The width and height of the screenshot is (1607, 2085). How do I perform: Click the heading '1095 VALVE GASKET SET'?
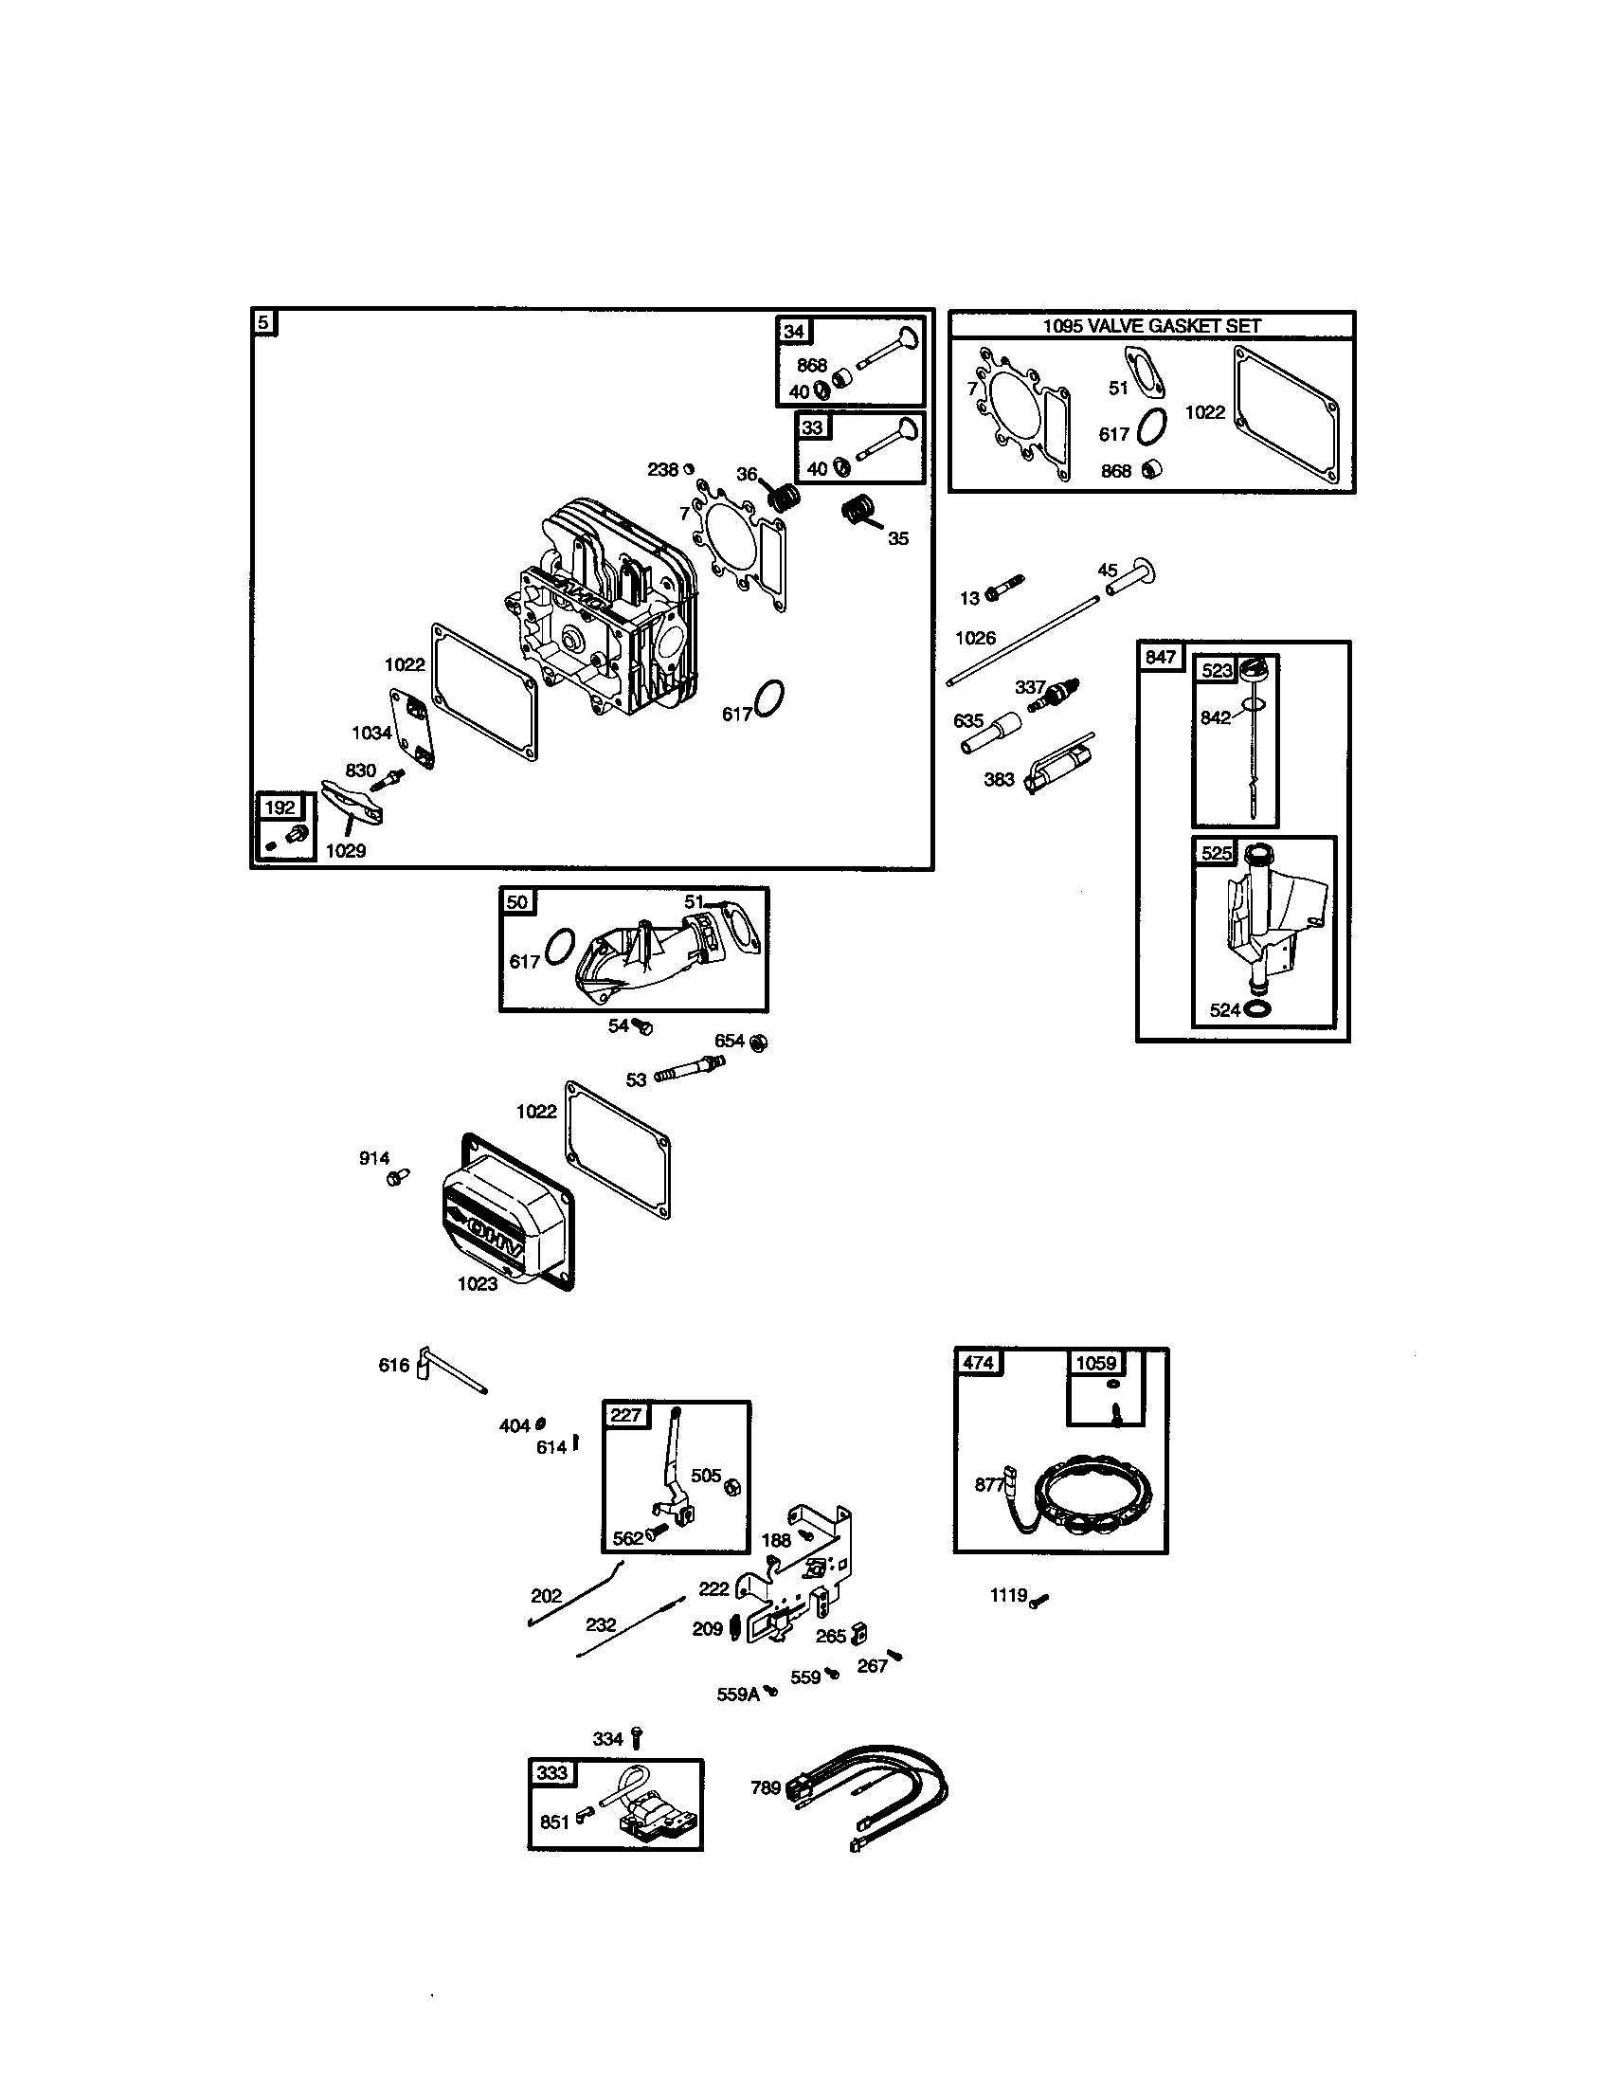tap(1151, 325)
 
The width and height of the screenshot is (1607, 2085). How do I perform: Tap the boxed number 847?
tap(1161, 657)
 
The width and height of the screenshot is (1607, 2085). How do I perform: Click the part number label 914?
tap(374, 1158)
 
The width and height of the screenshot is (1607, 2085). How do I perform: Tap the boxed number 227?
tap(625, 1415)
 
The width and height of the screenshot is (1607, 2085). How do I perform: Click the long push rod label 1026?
tap(975, 638)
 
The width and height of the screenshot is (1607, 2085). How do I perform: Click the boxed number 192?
tap(280, 807)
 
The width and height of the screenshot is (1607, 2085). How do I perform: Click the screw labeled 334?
tap(637, 1738)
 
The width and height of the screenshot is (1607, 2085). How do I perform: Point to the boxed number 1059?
tap(1095, 1362)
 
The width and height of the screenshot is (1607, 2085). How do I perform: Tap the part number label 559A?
tap(738, 1695)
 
